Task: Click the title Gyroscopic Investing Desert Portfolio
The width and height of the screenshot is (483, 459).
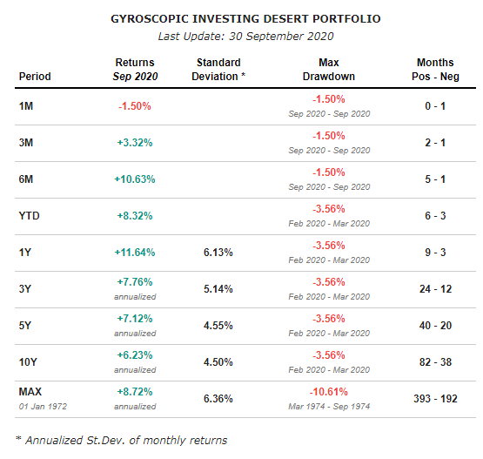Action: tap(245, 18)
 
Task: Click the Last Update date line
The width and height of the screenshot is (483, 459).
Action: tap(245, 36)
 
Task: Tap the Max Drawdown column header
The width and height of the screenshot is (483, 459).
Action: tap(329, 69)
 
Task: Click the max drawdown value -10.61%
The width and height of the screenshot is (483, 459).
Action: tap(329, 392)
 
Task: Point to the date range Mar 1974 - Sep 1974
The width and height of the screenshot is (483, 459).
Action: tap(329, 407)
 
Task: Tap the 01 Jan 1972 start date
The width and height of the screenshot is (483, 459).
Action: tap(44, 407)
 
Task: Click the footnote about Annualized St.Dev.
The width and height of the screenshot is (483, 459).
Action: tap(121, 440)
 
